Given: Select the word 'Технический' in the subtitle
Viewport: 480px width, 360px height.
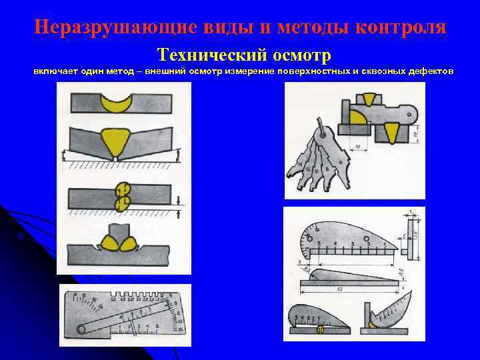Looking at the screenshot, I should pyautogui.click(x=204, y=53).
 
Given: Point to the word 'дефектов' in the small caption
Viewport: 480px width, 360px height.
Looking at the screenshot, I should pyautogui.click(x=429, y=72).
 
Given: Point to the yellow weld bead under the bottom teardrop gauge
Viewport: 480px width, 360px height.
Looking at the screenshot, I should pyautogui.click(x=321, y=329).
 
